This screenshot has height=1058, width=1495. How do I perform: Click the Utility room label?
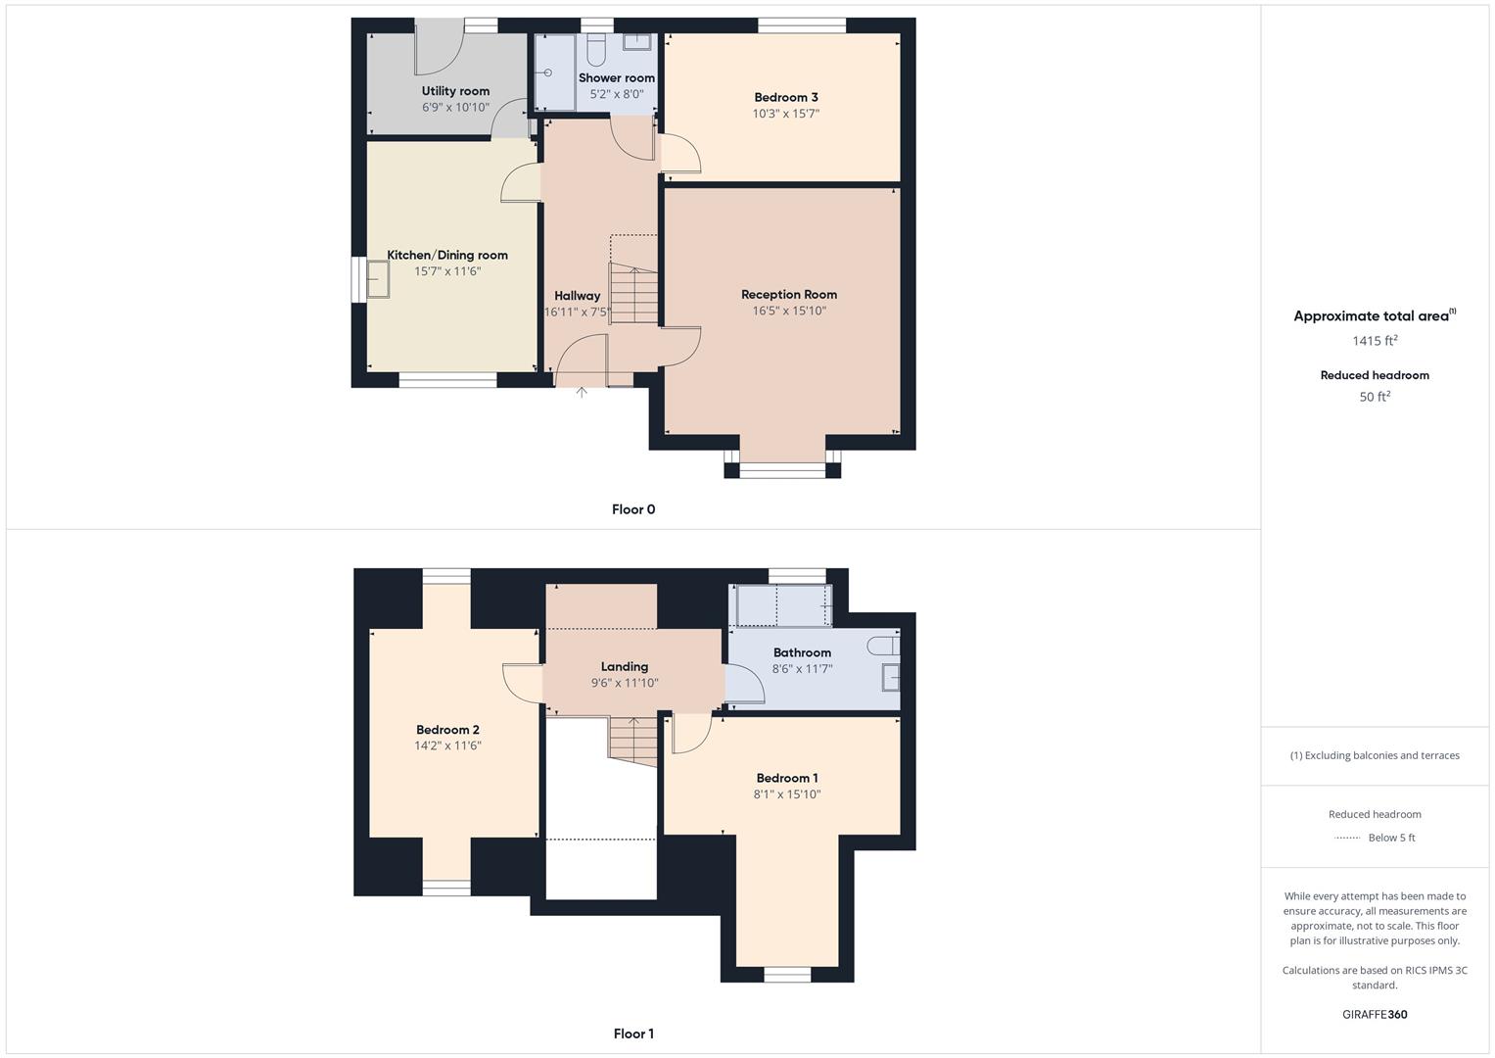(x=455, y=91)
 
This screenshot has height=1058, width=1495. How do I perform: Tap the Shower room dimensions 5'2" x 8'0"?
(x=617, y=95)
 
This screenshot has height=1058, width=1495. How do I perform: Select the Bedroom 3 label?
(x=786, y=97)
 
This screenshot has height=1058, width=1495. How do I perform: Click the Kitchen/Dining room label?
(x=447, y=255)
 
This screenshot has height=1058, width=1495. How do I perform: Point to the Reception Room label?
(x=789, y=294)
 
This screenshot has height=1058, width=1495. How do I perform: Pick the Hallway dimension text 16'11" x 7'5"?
(x=578, y=313)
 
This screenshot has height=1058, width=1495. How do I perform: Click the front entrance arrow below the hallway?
(x=582, y=393)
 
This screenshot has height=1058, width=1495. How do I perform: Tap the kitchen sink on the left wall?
(x=377, y=280)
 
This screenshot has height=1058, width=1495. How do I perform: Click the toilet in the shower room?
(x=597, y=50)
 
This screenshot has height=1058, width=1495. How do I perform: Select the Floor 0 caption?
(x=633, y=509)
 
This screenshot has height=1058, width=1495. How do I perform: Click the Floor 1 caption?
(x=633, y=1034)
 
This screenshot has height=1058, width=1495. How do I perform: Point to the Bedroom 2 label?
(x=447, y=730)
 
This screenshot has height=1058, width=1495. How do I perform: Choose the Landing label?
(x=625, y=666)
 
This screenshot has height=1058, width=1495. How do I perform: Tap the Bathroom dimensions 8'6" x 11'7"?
(x=802, y=669)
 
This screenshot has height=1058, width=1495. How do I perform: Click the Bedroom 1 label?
(x=787, y=778)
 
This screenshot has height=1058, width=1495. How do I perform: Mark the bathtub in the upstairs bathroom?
(x=783, y=606)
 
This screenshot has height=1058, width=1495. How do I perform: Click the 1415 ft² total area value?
(x=1375, y=341)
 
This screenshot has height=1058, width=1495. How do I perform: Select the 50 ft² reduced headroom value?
(x=1375, y=397)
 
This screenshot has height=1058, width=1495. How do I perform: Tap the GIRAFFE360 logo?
(x=1375, y=1014)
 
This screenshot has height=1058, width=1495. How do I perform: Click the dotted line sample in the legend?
(x=1348, y=838)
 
